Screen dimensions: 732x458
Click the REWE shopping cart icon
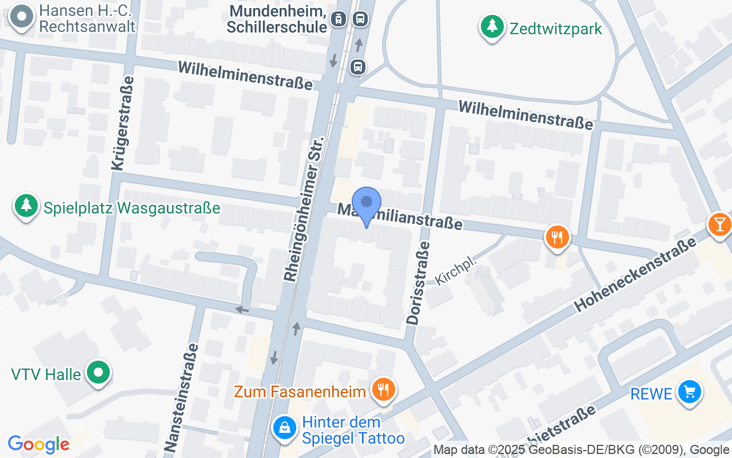[689, 393]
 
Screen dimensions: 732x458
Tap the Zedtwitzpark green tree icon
[491, 26]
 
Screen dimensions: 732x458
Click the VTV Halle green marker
[98, 373]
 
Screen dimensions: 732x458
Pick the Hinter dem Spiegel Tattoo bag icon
[284, 428]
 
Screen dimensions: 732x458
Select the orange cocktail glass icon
[719, 224]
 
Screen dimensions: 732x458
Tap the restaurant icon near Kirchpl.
[556, 236]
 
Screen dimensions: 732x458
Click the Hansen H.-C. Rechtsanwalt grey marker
[22, 17]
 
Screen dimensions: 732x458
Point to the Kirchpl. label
[456, 270]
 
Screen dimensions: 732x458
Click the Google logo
[38, 444]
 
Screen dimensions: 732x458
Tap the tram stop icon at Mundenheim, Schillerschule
[339, 19]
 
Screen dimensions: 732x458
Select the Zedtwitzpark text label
[556, 29]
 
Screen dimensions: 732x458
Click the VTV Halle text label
[46, 375]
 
